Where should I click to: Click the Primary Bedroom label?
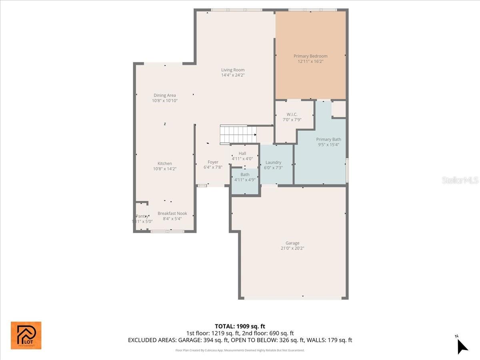[310, 56]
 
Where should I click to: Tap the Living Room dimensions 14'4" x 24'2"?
[233, 75]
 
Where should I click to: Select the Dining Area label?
[165, 95]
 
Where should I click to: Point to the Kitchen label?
[164, 163]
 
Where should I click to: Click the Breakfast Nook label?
[172, 213]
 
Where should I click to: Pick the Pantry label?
[142, 216]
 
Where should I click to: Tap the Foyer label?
[213, 162]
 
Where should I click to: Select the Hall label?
[242, 153]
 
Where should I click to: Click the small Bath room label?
[245, 174]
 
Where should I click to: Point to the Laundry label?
[273, 162]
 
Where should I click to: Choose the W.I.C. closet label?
[292, 114]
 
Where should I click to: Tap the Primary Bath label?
[328, 139]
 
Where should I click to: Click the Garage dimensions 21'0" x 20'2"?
[292, 248]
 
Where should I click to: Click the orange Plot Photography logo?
[26, 335]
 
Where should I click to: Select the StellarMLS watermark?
[460, 180]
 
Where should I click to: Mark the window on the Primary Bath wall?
[347, 170]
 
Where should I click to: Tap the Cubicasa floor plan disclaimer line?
[240, 350]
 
